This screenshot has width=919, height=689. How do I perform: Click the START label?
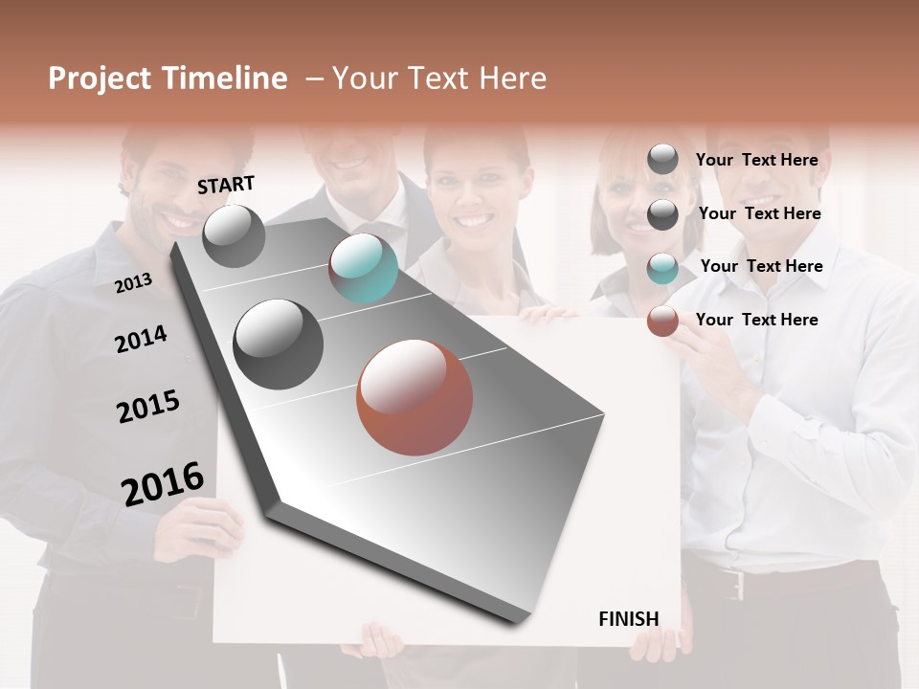click(226, 185)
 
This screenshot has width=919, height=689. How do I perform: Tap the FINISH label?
click(628, 619)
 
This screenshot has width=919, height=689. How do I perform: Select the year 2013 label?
click(133, 283)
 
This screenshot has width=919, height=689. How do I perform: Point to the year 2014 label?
click(141, 339)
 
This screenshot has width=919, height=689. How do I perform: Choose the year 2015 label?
click(147, 407)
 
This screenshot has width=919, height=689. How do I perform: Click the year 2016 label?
click(163, 483)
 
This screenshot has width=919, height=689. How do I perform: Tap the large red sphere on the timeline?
click(415, 397)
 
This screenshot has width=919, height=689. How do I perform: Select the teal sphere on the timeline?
click(363, 268)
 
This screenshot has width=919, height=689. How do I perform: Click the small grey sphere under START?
click(234, 236)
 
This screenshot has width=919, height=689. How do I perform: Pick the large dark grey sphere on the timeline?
click(279, 344)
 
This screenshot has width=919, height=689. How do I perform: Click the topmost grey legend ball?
click(662, 160)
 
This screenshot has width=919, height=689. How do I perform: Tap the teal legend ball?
click(662, 267)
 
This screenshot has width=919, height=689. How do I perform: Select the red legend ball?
click(662, 321)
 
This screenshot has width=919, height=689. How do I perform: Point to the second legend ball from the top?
click(662, 214)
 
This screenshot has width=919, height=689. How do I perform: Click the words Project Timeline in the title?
click(168, 78)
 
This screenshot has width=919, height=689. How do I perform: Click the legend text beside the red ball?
click(756, 320)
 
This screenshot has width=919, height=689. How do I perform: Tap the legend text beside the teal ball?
click(761, 266)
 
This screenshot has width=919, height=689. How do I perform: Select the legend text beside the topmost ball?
click(756, 160)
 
